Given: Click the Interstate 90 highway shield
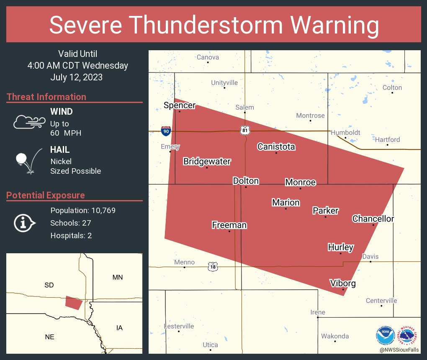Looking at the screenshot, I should (x=166, y=131).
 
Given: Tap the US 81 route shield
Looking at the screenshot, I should (x=245, y=131).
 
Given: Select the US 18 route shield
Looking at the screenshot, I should (x=213, y=266).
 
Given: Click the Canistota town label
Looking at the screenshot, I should (x=276, y=147).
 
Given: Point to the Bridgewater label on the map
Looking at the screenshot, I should (x=207, y=162).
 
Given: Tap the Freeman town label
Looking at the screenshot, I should (x=229, y=225).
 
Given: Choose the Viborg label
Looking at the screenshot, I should (x=342, y=283).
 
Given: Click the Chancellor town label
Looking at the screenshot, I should (x=373, y=219).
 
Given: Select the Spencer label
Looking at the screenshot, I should (x=180, y=105).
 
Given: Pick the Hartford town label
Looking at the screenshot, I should (x=387, y=139).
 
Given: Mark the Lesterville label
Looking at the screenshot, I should (x=179, y=326).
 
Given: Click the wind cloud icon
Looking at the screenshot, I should (x=29, y=122).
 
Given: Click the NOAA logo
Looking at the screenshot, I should (x=385, y=335).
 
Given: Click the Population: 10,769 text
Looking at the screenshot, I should (x=83, y=210).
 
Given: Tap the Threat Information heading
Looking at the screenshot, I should (x=46, y=97).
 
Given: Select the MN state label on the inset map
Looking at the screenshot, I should (x=118, y=277).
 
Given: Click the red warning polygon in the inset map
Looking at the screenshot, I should (x=74, y=303).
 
